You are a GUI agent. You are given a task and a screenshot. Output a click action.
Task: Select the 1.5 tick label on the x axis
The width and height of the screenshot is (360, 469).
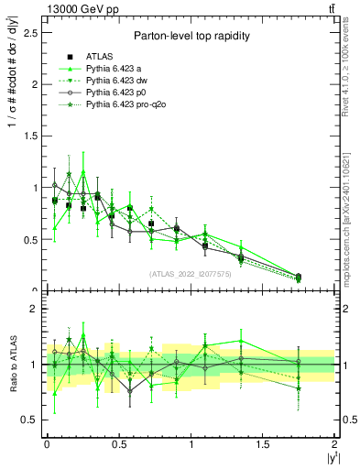pyautogui.click(x=262, y=443)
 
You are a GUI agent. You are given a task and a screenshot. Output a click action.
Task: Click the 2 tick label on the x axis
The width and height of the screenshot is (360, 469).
pyautogui.click(x=334, y=443)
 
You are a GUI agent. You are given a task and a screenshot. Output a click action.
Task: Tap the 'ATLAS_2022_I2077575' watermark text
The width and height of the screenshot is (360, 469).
pyautogui.click(x=190, y=273)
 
